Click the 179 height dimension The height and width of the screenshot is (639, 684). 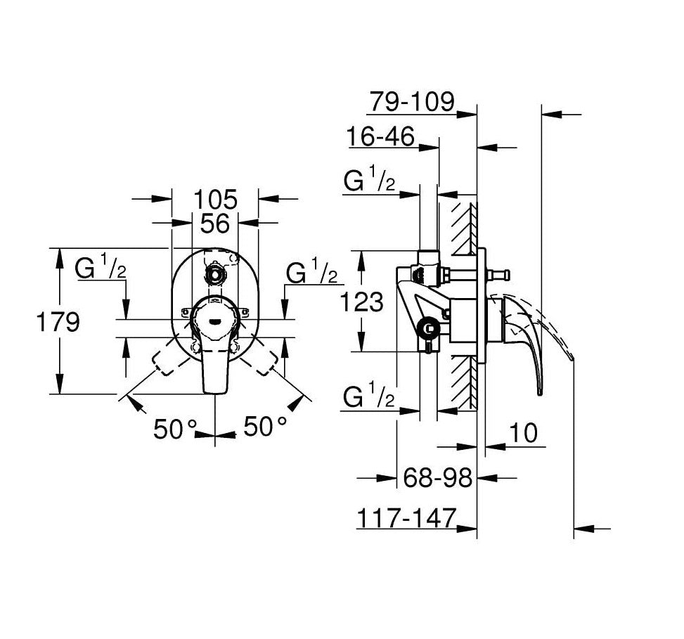coord(60,323)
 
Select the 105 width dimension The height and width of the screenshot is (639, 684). coord(216,199)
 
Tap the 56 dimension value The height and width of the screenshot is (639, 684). coord(215,224)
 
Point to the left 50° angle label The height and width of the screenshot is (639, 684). coord(176,427)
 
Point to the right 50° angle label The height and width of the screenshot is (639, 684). coord(265,427)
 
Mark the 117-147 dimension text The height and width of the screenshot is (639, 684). coord(406,518)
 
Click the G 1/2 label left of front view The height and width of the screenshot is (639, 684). coord(101,269)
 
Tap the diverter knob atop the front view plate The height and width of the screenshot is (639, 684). coord(214,272)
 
